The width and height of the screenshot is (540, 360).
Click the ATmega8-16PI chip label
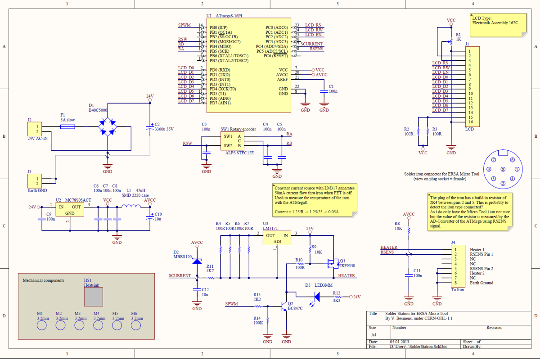(231, 15)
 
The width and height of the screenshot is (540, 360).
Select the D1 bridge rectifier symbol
(108, 126)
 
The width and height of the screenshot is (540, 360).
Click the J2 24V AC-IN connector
(35, 129)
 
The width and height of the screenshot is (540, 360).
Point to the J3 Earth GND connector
(35, 181)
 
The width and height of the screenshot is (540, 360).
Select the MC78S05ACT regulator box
(70, 209)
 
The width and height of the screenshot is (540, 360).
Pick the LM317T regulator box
(276, 238)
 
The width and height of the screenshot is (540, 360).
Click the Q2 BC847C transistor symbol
(284, 306)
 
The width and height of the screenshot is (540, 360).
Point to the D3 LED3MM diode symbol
(316, 297)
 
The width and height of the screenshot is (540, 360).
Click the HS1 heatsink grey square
(94, 298)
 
